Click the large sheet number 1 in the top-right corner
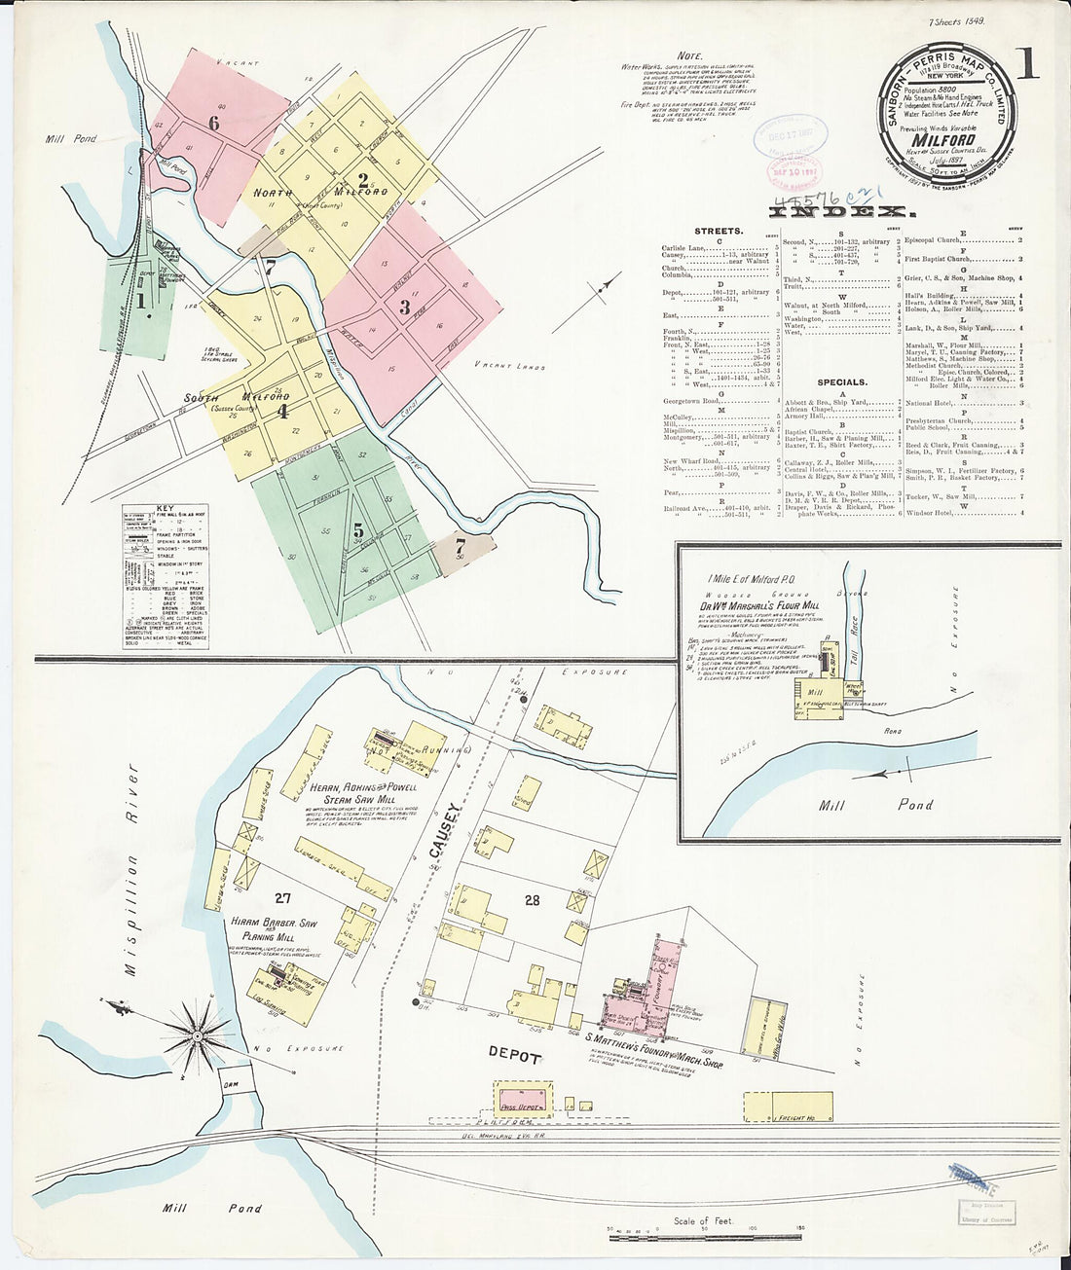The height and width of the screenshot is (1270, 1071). pos(1028,62)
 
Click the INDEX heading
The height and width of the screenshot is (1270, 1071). pos(843,211)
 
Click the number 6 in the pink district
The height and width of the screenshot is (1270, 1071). pos(212,123)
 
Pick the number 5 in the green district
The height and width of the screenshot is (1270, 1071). pos(358,530)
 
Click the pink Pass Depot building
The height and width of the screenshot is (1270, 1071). pos(522,1097)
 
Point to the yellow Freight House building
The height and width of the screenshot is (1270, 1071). pos(789,1107)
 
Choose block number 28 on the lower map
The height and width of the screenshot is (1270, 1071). pos(532,900)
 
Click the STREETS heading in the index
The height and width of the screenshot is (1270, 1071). pos(719,232)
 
